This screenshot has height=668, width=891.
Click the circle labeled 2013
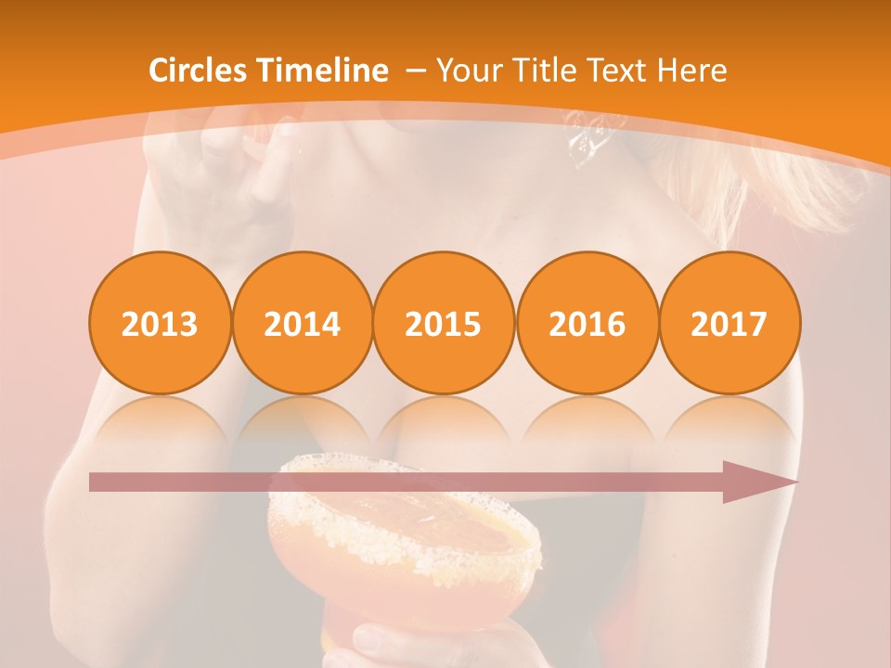(160, 323)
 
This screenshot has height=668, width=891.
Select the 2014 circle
(303, 323)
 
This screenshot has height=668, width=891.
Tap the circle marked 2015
(444, 323)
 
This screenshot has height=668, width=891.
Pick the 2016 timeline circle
(587, 323)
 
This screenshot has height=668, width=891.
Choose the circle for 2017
(730, 323)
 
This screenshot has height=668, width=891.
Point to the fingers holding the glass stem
(390, 645)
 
